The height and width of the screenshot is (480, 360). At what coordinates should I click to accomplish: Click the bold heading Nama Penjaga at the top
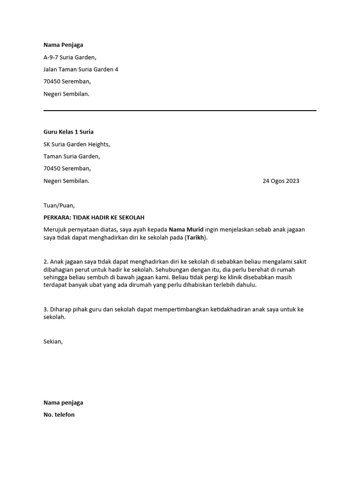tap(63, 45)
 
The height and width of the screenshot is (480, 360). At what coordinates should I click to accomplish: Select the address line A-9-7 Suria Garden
tap(70, 57)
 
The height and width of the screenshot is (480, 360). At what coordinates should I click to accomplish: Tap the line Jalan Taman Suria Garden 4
tap(81, 69)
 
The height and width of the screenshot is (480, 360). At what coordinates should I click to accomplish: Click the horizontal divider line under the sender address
tap(180, 111)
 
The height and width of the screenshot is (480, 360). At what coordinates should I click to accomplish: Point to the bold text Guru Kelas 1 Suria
tap(68, 132)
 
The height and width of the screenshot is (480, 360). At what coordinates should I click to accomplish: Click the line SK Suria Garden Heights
tap(77, 144)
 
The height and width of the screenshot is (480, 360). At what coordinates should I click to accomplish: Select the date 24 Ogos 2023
tap(281, 180)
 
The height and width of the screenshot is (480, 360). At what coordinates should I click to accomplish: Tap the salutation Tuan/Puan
tap(59, 205)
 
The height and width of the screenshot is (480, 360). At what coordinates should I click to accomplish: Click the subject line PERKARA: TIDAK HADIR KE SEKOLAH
tap(94, 217)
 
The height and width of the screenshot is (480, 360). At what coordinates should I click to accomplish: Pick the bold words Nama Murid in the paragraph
tap(186, 230)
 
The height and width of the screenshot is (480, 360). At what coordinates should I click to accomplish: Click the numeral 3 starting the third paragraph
tap(45, 309)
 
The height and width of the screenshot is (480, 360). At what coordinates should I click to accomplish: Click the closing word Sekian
tap(53, 341)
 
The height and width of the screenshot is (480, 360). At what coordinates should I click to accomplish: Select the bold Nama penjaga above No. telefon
tap(63, 402)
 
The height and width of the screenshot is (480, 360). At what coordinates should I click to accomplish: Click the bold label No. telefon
tap(59, 414)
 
